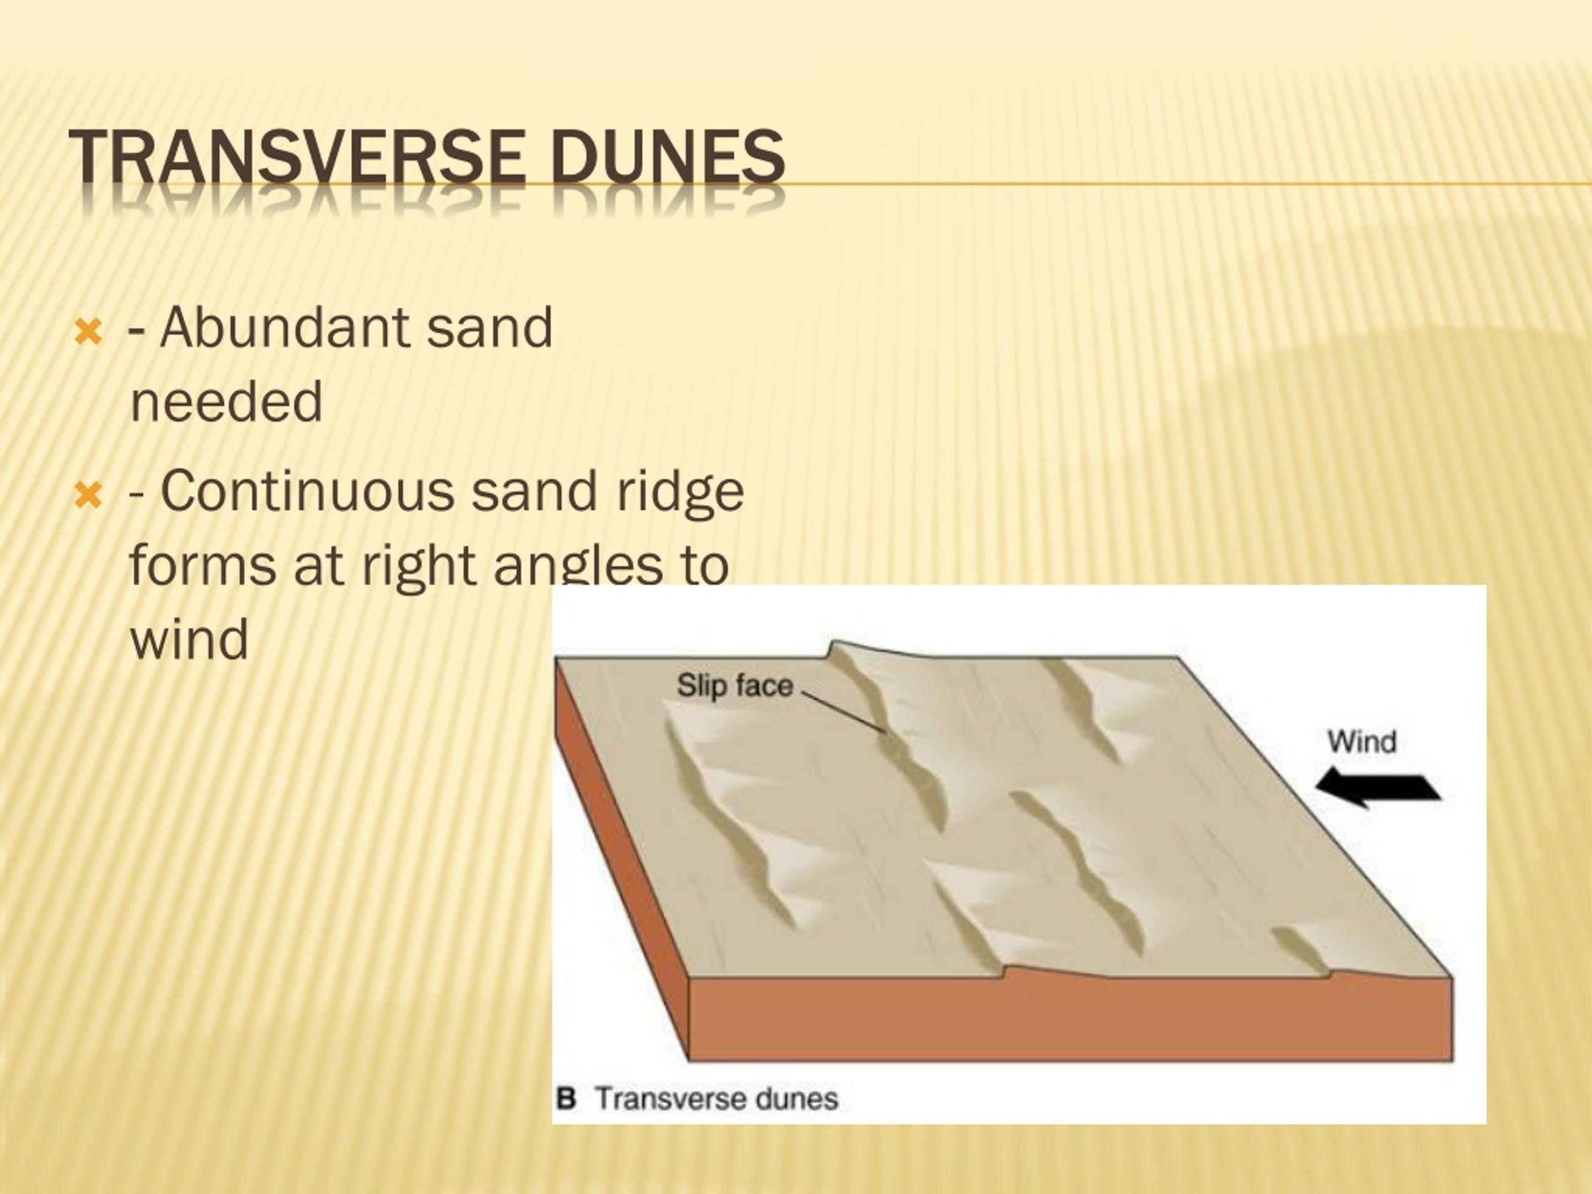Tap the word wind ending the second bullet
(x=188, y=639)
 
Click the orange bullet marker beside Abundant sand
(x=88, y=333)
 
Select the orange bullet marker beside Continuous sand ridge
(x=88, y=496)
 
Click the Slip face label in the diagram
(x=734, y=686)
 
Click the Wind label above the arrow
(x=1362, y=742)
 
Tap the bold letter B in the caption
(x=567, y=1099)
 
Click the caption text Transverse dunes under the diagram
(x=717, y=1099)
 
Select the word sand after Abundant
(x=489, y=328)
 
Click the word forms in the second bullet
(x=203, y=566)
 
